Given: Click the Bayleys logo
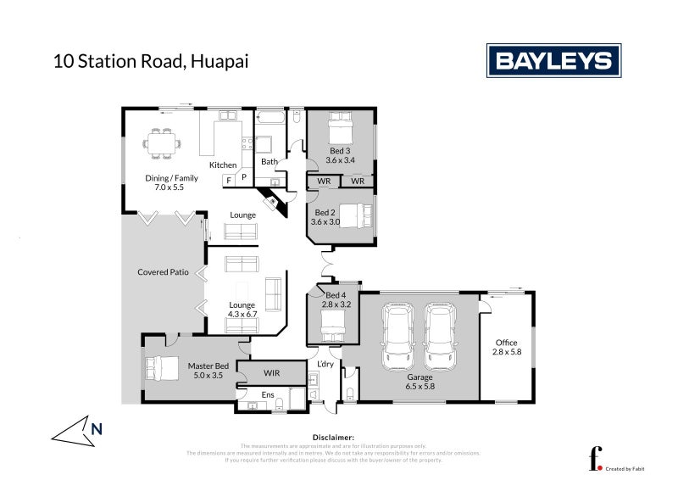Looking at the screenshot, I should [553, 61].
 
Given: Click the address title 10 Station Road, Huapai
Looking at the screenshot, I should [151, 61].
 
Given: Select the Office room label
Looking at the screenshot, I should [506, 343].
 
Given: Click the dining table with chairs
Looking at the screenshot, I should [160, 143].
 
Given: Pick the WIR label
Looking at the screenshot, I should [270, 373].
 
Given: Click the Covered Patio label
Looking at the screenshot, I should [163, 272].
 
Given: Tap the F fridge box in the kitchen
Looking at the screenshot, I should [229, 180].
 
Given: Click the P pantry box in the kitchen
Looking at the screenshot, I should [243, 177].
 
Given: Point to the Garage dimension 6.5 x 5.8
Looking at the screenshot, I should [420, 386].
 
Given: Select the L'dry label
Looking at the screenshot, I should [326, 365].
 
